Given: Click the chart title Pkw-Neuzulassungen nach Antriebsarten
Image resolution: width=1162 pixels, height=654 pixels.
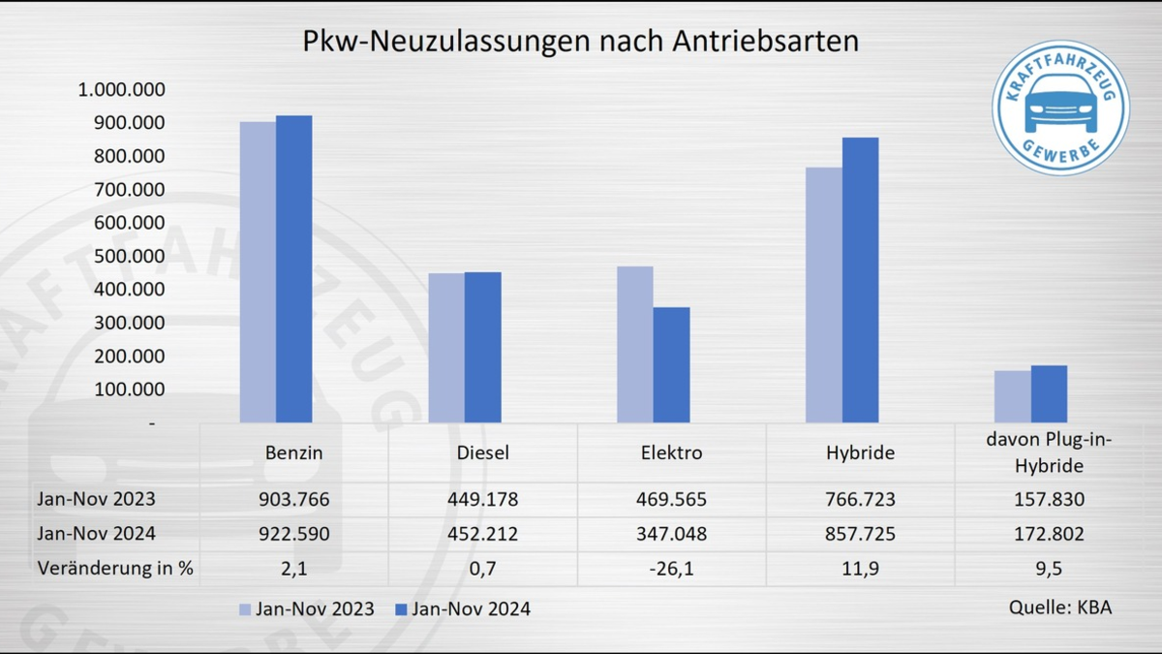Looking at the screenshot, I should tap(581, 42).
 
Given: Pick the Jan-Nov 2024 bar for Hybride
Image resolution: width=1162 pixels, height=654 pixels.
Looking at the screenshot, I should tap(860, 280).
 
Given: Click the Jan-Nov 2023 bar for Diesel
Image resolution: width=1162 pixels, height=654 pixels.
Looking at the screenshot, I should tap(446, 348).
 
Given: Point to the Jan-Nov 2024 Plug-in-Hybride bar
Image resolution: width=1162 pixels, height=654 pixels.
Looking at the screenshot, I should tap(1049, 393).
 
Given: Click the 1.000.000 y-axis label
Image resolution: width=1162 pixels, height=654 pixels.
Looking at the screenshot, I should tap(122, 90).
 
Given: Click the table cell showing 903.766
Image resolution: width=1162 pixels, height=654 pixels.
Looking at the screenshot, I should tap(293, 500).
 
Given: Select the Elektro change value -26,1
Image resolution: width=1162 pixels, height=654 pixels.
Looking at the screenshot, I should tap(671, 568).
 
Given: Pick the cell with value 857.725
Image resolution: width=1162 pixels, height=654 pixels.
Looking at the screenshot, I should tap(860, 534).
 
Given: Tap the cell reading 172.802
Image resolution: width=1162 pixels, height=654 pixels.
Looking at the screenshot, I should tap(1049, 534).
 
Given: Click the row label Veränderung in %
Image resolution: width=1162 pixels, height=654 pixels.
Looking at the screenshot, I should tap(114, 568).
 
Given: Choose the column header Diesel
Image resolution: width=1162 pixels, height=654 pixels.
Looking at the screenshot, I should tap(482, 452).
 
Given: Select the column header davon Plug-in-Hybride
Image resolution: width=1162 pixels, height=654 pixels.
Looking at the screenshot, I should tap(1049, 452).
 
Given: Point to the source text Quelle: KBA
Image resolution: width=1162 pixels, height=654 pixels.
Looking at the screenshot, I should tap(1060, 607).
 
